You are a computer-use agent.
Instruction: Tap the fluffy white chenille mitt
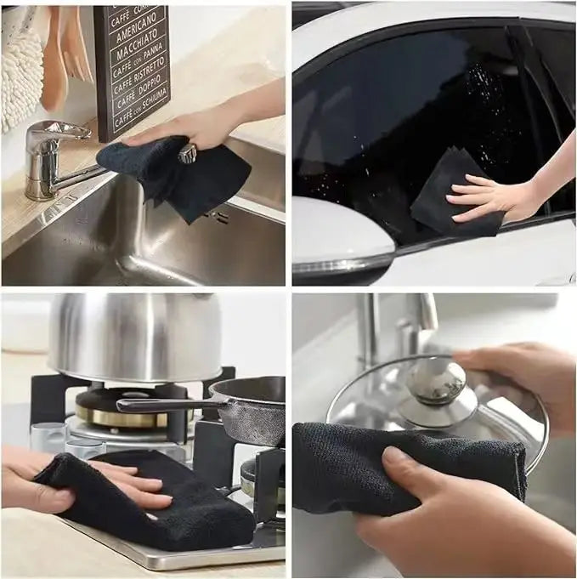pos(20,68)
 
